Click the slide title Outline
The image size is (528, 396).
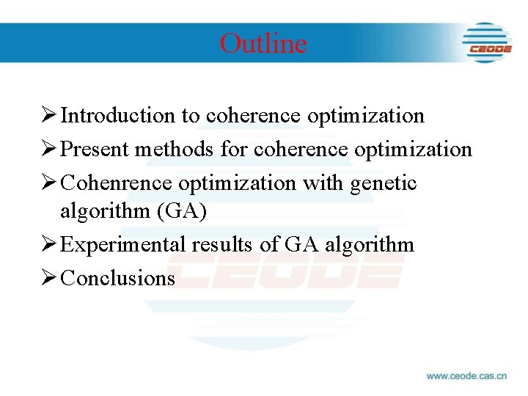(x=263, y=43)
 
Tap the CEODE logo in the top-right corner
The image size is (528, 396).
(x=486, y=42)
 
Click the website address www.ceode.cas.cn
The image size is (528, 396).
(x=466, y=375)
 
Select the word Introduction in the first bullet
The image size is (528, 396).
(x=118, y=116)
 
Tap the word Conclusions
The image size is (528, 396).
(x=118, y=278)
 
